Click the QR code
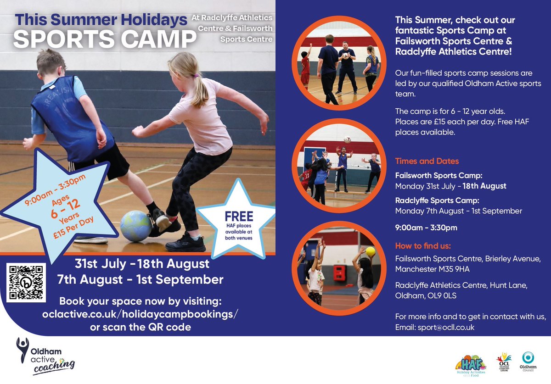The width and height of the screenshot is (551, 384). click(x=26, y=282)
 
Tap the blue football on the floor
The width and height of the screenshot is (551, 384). click(x=136, y=226)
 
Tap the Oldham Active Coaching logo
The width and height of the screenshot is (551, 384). click(x=45, y=356)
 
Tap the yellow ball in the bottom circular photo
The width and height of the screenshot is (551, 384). click(x=371, y=251)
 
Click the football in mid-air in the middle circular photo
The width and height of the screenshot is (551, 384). click(x=348, y=139)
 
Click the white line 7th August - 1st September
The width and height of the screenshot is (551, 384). click(x=141, y=279)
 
